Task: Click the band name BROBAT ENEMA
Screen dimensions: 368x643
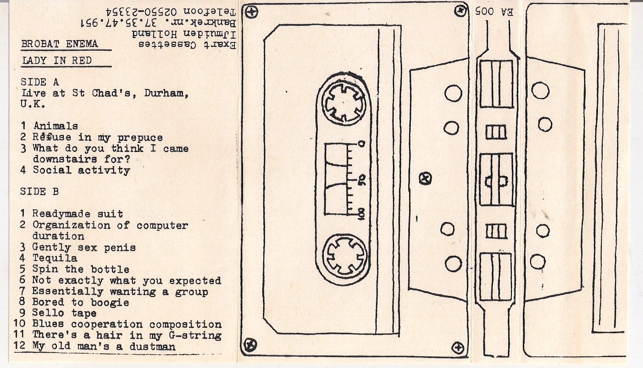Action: point(60,44)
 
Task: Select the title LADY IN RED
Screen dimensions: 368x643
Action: point(56,60)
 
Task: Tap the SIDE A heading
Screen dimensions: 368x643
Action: point(40,82)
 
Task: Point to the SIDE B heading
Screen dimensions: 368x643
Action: point(39,192)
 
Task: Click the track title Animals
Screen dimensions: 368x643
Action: point(55,126)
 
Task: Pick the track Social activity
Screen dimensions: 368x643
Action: point(81,170)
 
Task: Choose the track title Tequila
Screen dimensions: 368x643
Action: point(55,259)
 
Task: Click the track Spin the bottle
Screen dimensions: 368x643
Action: point(81,270)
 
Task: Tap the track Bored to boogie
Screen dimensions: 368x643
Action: point(81,303)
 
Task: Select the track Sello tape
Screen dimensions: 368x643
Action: point(64,314)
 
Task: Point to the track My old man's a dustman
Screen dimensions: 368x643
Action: point(104,346)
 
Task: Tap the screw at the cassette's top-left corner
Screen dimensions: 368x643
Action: point(250,12)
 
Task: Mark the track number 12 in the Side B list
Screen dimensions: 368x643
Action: point(20,346)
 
